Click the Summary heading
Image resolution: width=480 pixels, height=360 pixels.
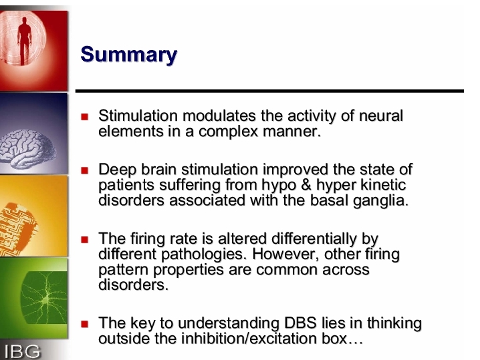129,55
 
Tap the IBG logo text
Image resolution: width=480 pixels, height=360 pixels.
22,351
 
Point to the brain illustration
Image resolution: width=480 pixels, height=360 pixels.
27,149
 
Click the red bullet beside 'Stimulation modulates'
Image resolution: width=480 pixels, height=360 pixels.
84,116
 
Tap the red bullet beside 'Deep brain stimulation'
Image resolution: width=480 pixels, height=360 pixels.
84,170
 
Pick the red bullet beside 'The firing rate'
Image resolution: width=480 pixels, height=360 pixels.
84,239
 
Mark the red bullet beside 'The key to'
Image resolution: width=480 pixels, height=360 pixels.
84,324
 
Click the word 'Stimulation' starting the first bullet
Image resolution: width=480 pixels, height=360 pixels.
138,116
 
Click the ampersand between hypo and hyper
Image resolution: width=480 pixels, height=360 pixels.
306,185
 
